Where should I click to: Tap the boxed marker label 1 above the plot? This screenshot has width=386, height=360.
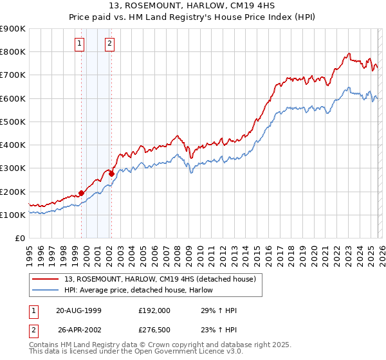(x=79, y=44)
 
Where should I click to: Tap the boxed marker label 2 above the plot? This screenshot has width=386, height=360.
(x=109, y=44)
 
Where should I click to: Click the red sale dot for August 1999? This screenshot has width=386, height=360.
(x=82, y=192)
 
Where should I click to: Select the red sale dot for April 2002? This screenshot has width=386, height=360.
(x=111, y=174)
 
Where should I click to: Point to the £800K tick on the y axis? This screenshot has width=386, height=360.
(x=13, y=52)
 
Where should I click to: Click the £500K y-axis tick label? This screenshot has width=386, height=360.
(x=13, y=122)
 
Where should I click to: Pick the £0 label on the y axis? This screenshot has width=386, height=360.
(x=19, y=238)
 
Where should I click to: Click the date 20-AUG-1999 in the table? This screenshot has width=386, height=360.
(x=78, y=310)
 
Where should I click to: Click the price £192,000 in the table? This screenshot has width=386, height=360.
(x=154, y=310)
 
